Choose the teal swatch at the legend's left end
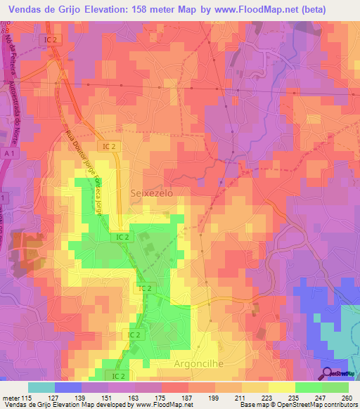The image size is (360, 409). tap(41, 387)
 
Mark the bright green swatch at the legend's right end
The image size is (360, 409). tap(335, 387)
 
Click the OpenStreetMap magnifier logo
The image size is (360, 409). tap(328, 373)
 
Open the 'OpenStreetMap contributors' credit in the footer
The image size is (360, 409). tap(317, 405)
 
